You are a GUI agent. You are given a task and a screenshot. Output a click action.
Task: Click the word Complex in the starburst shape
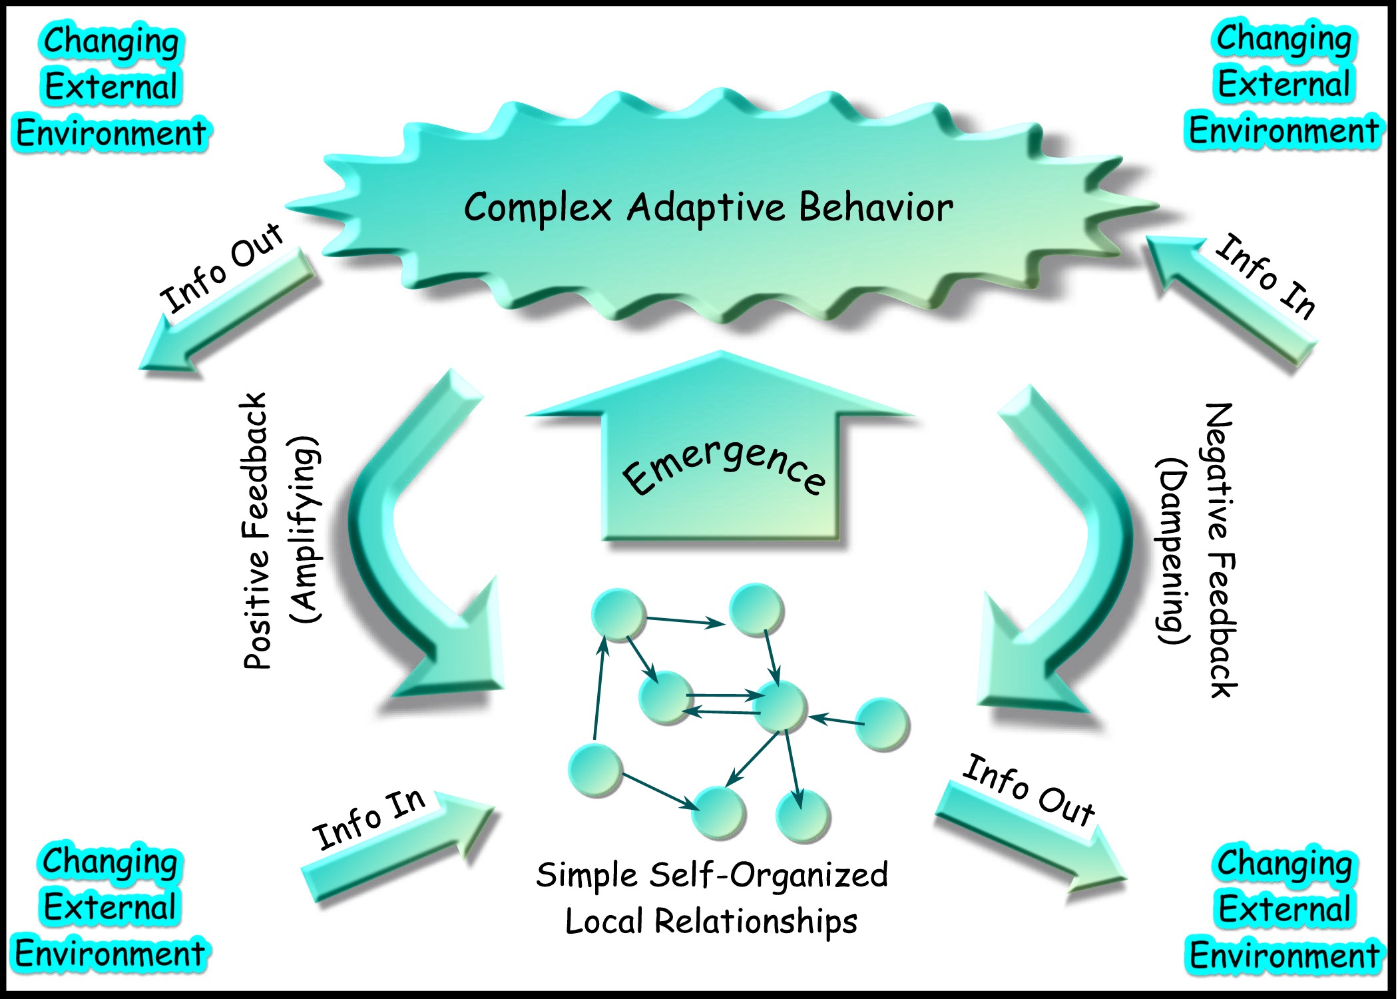(x=537, y=208)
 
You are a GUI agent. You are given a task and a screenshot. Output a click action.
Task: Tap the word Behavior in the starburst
(x=875, y=208)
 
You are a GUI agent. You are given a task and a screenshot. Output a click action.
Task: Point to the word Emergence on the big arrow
(x=724, y=466)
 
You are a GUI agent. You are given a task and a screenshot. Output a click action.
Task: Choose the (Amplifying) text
(x=306, y=529)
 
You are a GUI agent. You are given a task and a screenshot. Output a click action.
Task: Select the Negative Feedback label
(x=1222, y=549)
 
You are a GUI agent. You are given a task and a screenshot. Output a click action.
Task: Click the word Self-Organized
(x=769, y=874)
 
